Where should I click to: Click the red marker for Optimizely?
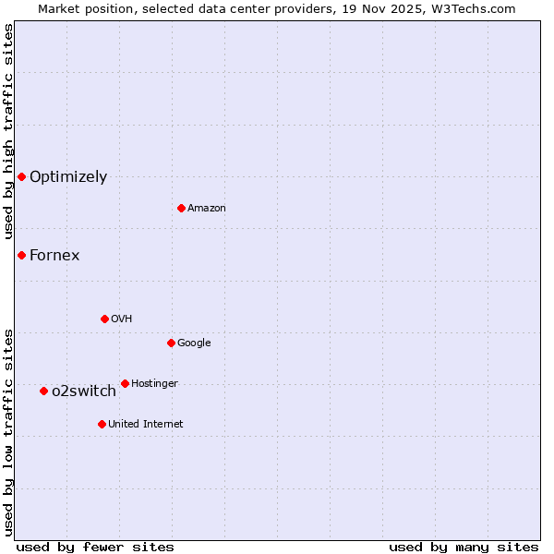(x=21, y=176)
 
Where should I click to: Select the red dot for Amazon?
(x=181, y=208)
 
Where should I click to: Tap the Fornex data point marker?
(x=21, y=255)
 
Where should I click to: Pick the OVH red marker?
(x=104, y=319)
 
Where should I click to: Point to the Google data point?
(x=171, y=343)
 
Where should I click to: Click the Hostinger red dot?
(x=125, y=383)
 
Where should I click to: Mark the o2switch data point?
(x=43, y=391)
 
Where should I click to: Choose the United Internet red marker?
(x=102, y=424)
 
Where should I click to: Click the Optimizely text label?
(x=68, y=176)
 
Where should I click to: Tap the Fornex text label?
(x=54, y=255)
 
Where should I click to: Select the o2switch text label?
(x=84, y=391)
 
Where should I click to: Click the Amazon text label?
(x=207, y=208)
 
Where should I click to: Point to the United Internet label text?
(x=146, y=424)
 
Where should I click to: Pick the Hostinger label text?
(x=155, y=383)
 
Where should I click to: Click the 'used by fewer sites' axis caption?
(x=95, y=547)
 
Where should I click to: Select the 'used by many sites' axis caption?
(x=464, y=547)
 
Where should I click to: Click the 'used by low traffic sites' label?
(x=8, y=432)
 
